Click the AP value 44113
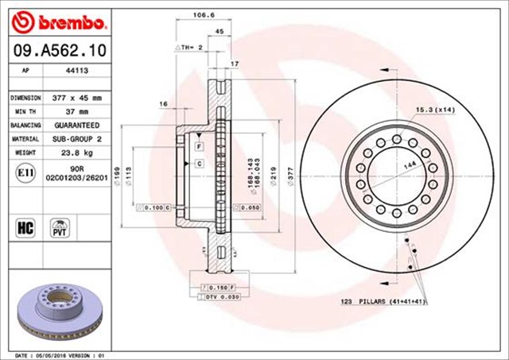point(77,70)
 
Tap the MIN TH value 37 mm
point(77,111)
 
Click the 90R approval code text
point(77,169)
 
